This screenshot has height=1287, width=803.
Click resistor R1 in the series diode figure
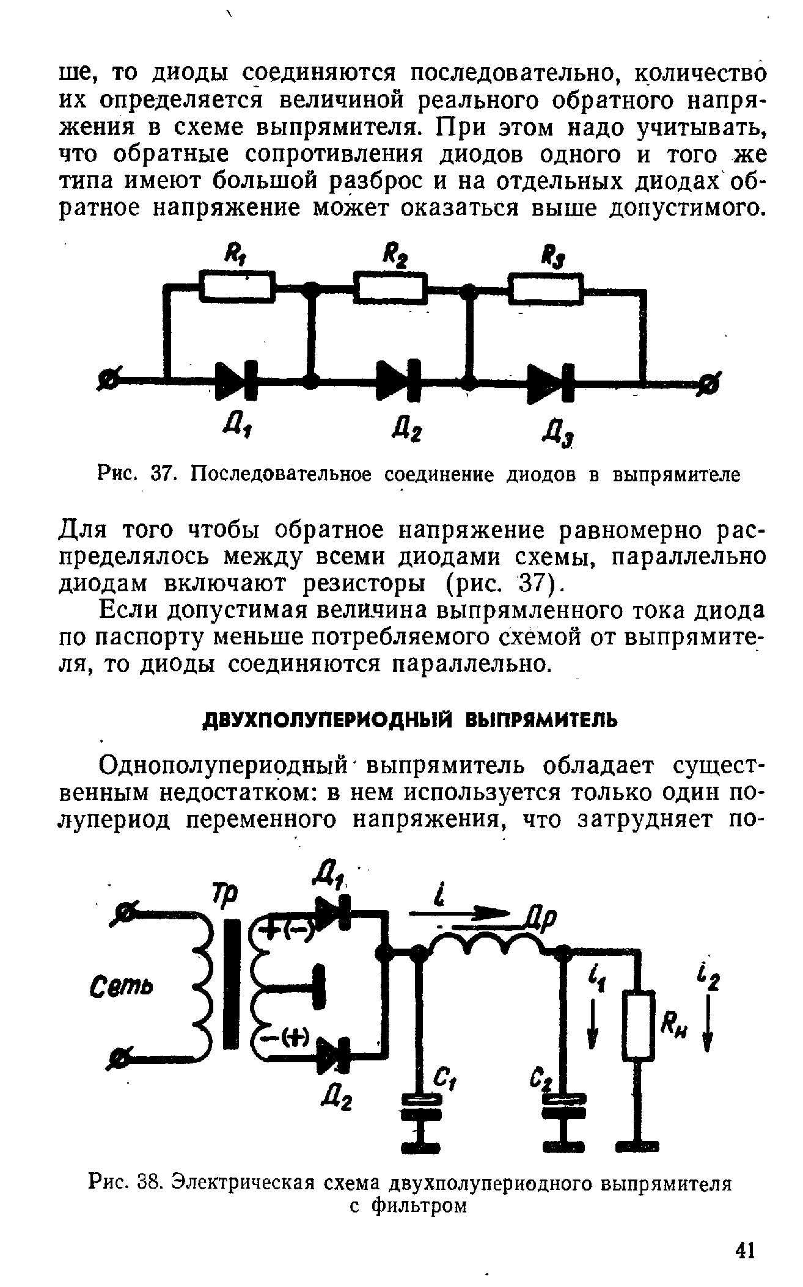(x=237, y=288)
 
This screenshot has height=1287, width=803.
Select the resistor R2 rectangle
(x=389, y=288)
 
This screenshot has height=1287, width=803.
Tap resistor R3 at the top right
(x=547, y=288)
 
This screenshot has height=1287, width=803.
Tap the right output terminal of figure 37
(x=710, y=384)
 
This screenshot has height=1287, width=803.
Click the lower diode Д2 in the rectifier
(x=333, y=1054)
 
